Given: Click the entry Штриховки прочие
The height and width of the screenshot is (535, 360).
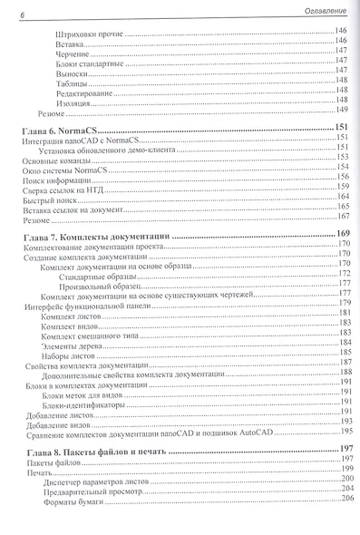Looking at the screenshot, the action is [x=87, y=33].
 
